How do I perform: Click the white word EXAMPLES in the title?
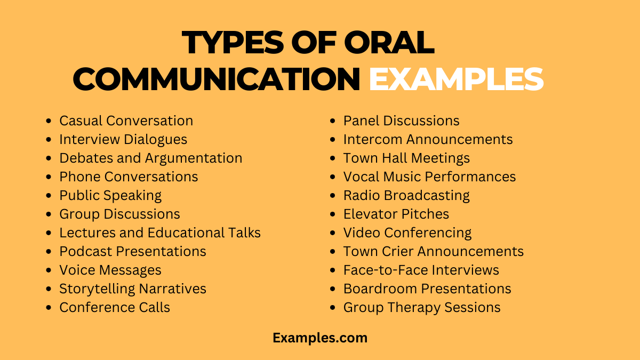456,79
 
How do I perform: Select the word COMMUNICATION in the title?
217,79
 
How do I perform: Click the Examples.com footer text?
320,338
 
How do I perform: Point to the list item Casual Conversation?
126,121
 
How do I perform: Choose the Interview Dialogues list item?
123,140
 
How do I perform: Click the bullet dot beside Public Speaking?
50,196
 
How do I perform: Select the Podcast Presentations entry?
132,251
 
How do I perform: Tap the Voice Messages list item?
110,270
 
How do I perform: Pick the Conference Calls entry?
115,307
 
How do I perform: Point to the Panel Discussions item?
401,121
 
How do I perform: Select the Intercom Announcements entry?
428,140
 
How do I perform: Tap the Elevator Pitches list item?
396,214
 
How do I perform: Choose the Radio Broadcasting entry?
406,195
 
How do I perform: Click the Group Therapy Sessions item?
421,307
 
